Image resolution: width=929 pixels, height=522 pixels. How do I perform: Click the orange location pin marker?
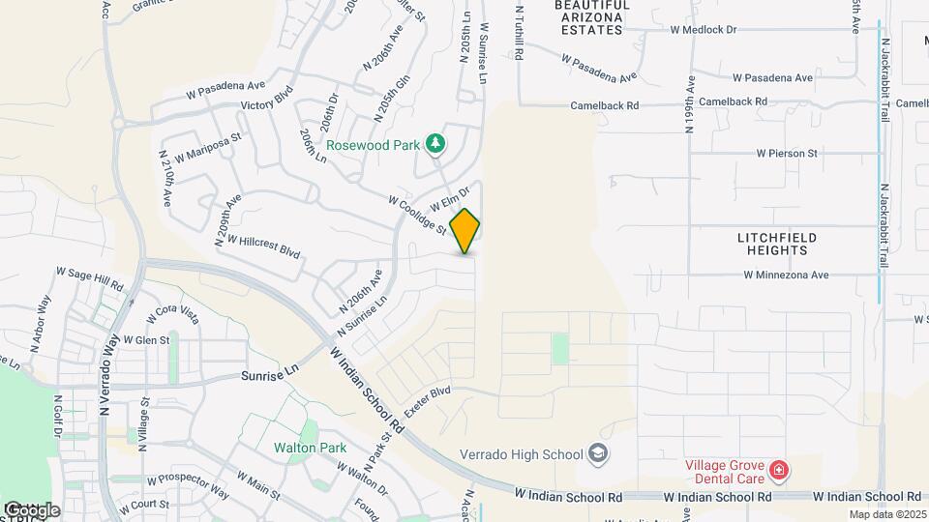465,230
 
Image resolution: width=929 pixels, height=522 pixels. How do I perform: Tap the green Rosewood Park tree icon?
436,144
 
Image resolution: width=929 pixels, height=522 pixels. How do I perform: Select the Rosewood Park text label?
373,145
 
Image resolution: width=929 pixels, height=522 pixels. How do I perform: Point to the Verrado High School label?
521,454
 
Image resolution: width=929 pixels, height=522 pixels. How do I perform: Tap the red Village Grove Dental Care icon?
779,471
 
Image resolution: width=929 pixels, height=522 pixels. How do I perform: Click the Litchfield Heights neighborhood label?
777,244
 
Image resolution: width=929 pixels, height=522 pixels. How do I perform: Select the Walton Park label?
310,449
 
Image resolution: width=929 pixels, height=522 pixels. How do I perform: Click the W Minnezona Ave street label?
787,275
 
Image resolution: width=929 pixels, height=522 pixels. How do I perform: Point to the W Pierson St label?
787,153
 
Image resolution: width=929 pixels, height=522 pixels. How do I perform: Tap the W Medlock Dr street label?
704,29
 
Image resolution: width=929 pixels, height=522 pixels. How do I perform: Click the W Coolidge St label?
416,216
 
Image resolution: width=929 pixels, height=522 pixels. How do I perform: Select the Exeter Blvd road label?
428,402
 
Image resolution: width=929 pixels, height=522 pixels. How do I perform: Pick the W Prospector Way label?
188,485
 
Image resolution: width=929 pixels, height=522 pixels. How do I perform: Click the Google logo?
31,509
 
